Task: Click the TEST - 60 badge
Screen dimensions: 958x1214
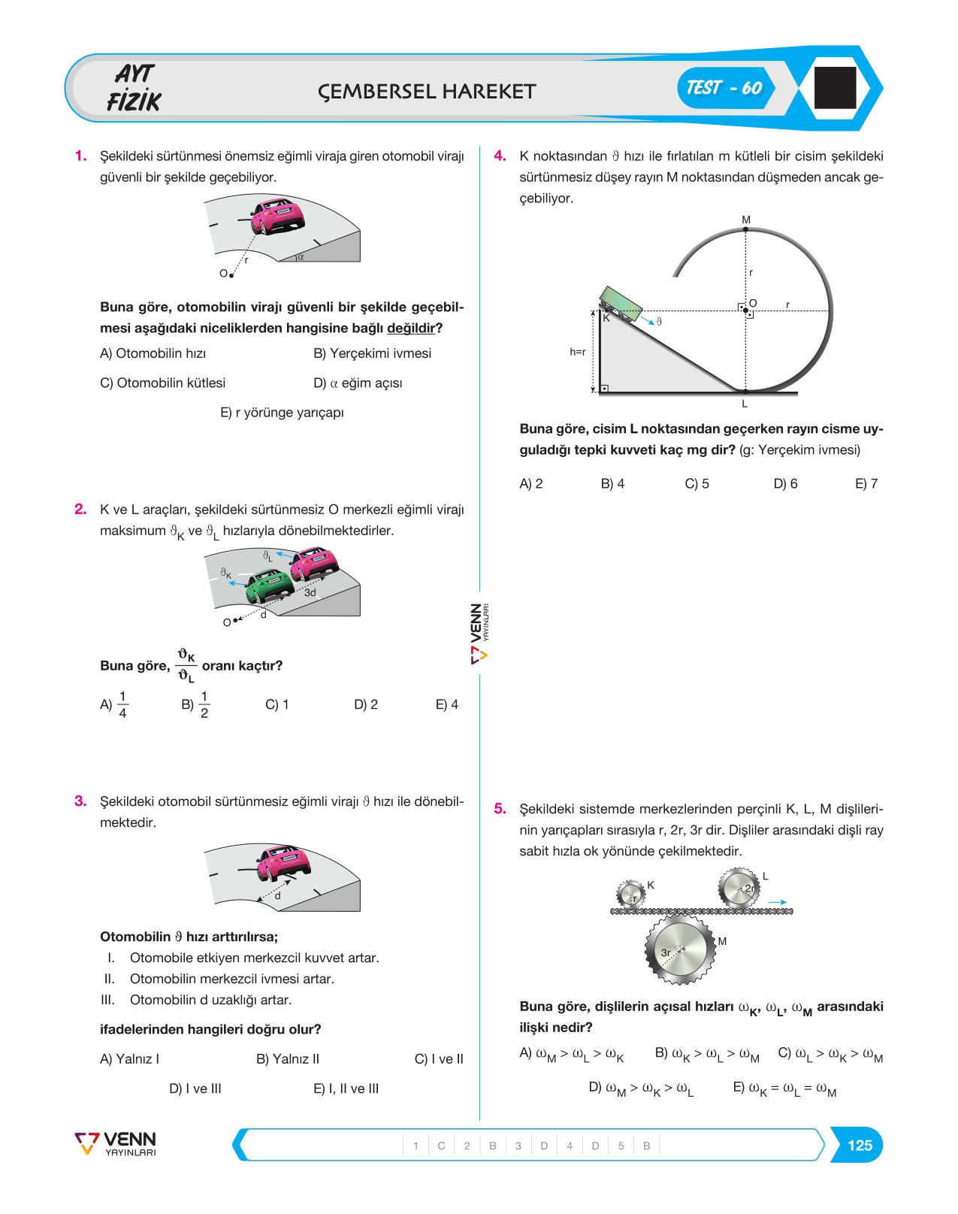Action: pos(725,88)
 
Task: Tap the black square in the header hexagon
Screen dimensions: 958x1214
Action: pos(835,87)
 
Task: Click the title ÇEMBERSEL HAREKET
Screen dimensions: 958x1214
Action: pos(426,92)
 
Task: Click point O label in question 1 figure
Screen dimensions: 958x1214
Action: pos(223,274)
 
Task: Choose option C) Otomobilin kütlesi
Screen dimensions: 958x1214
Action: pos(162,383)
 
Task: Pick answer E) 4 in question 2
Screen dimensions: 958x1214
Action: pos(446,704)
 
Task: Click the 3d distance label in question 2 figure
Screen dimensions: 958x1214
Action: pos(310,593)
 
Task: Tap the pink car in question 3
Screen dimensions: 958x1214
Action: pos(283,863)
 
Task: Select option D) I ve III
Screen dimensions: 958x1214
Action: pos(195,1088)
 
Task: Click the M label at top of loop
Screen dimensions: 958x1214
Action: pos(746,219)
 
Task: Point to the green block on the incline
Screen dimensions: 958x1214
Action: pos(620,304)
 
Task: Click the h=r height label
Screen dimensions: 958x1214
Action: pos(577,352)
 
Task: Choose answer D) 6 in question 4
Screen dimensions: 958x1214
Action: pos(785,484)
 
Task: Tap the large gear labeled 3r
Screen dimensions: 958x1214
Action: pos(680,949)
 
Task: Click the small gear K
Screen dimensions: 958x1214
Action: pos(630,894)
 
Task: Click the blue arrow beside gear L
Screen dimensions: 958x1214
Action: pos(777,903)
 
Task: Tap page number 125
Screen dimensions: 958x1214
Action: pos(860,1145)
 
